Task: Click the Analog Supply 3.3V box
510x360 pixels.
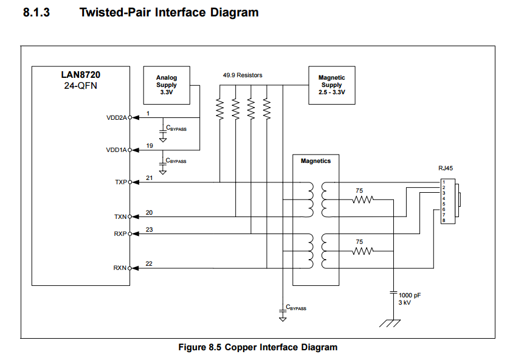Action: [x=167, y=85]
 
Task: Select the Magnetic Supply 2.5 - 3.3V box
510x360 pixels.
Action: [x=332, y=85]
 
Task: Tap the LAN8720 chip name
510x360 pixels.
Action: [x=81, y=75]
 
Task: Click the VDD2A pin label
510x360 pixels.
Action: [x=117, y=118]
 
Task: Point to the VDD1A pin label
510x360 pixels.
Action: [x=116, y=150]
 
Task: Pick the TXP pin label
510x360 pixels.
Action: [x=121, y=182]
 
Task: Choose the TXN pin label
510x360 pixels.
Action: [x=120, y=216]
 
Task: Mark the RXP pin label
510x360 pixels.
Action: [x=120, y=234]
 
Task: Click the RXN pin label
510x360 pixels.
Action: [x=120, y=268]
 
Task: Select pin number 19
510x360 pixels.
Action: [x=150, y=146]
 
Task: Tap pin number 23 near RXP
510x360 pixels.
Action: [x=150, y=230]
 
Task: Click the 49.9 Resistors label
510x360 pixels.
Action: [x=243, y=75]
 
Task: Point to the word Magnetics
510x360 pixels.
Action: [x=316, y=161]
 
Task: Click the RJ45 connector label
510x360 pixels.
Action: [x=446, y=168]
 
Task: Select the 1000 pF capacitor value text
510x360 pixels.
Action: [x=410, y=295]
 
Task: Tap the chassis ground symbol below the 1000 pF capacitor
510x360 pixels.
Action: [x=390, y=324]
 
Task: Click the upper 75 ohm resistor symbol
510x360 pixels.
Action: [x=363, y=199]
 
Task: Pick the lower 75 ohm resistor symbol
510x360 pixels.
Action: [x=363, y=251]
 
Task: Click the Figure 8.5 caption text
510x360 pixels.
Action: [x=258, y=347]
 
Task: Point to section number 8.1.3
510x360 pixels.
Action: [x=36, y=12]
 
